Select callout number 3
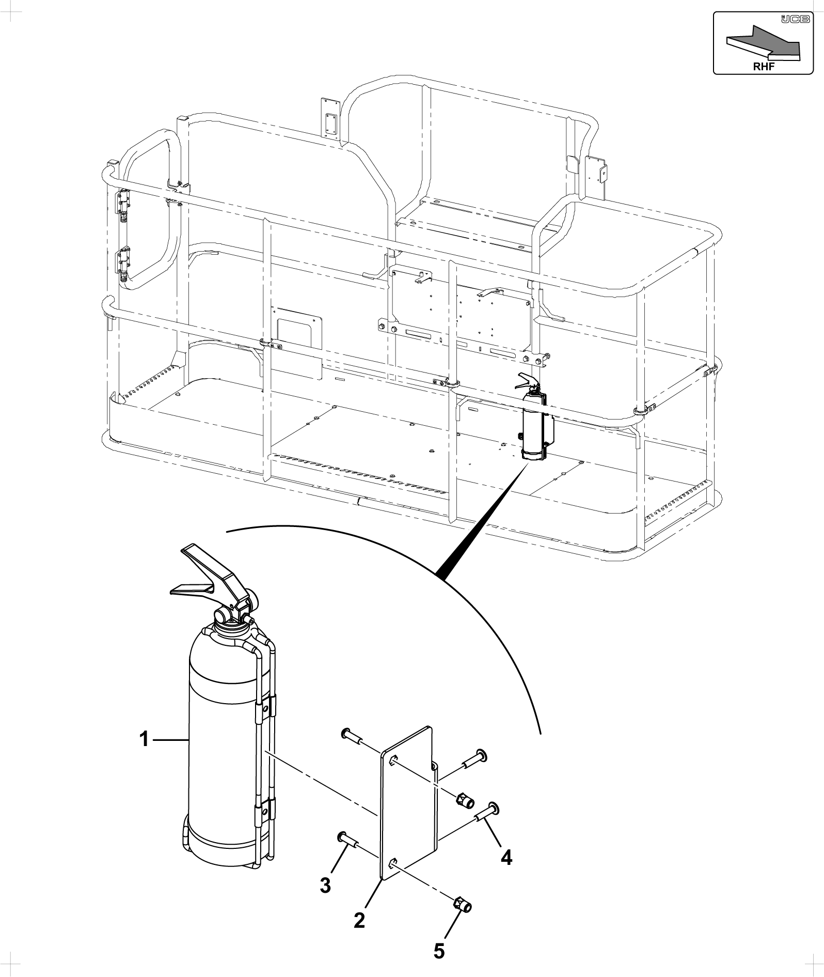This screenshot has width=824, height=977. (325, 886)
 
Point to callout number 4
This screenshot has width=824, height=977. (506, 858)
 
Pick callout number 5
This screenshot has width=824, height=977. (439, 951)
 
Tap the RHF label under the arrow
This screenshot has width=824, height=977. (764, 67)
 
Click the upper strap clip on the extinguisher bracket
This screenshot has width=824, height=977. (265, 707)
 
